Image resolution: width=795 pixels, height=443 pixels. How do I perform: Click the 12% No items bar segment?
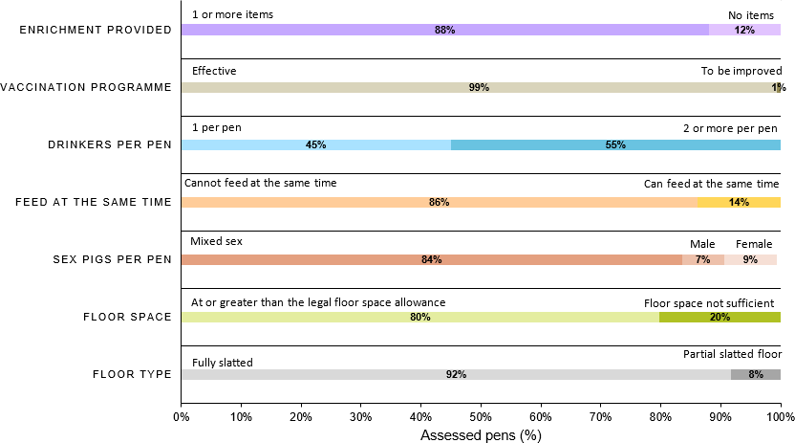(744, 30)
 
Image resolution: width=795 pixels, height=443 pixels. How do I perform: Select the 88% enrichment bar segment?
(444, 30)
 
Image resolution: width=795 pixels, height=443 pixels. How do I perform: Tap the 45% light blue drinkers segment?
(315, 144)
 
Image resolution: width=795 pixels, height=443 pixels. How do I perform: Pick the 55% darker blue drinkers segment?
(615, 144)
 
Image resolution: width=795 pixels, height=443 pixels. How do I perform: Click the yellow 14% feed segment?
(739, 202)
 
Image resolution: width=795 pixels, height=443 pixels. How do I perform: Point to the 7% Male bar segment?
(702, 259)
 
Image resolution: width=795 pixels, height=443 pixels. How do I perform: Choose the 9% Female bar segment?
(750, 259)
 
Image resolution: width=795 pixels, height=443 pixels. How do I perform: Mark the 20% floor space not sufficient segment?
(720, 317)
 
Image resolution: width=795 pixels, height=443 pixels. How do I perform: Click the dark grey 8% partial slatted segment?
(756, 374)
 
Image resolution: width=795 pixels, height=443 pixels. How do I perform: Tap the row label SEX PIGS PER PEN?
(108, 259)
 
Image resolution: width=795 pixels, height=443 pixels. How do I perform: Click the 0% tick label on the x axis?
(181, 416)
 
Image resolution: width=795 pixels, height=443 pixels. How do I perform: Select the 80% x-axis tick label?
(660, 416)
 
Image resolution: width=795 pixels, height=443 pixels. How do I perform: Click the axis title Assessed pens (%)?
(481, 434)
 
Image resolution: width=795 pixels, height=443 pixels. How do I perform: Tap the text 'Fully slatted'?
(222, 362)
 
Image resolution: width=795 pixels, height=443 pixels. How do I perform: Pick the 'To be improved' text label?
(741, 71)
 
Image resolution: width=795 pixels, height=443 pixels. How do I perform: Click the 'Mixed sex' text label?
(216, 241)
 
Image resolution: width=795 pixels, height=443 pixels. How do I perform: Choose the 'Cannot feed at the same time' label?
(260, 183)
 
